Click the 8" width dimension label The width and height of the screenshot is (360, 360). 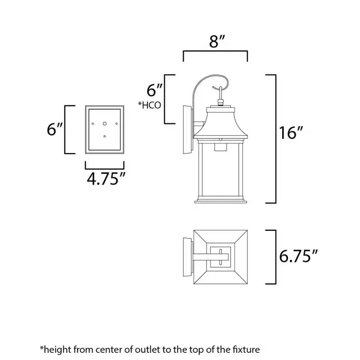pyautogui.click(x=217, y=41)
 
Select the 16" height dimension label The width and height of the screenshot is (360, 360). pyautogui.click(x=291, y=133)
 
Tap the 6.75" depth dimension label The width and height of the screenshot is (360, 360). pyautogui.click(x=298, y=256)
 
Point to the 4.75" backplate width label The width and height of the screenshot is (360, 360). pyautogui.click(x=106, y=179)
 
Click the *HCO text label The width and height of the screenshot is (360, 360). pyautogui.click(x=149, y=105)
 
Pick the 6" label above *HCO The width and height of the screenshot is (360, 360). pyautogui.click(x=154, y=90)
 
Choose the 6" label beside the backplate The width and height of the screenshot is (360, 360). pyautogui.click(x=54, y=129)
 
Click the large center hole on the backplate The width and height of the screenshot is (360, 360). pyautogui.click(x=105, y=124)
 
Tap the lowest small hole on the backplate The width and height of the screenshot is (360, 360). pyautogui.click(x=105, y=136)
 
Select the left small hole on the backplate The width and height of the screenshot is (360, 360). pyautogui.click(x=93, y=124)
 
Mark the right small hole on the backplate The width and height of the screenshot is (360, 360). pyautogui.click(x=117, y=124)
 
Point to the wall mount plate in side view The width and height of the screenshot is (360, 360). pyautogui.click(x=188, y=130)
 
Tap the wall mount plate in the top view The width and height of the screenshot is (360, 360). pyautogui.click(x=188, y=257)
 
